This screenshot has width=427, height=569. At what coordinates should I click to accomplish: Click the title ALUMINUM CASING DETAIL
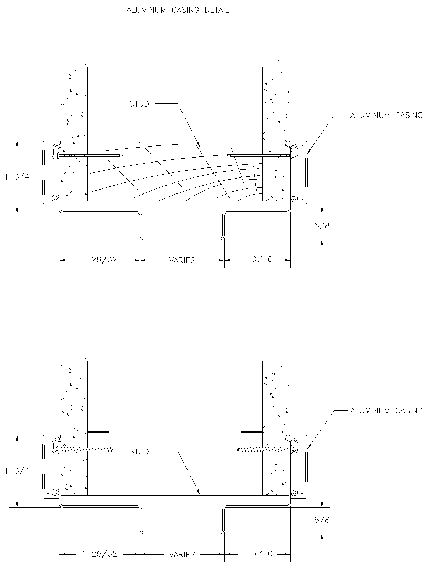(178, 10)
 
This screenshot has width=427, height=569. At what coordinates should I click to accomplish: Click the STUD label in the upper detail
(139, 104)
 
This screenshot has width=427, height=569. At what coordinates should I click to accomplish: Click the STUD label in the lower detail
(139, 452)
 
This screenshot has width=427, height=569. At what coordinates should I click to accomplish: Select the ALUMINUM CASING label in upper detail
(386, 115)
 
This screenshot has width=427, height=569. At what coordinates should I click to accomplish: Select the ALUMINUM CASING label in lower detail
(386, 410)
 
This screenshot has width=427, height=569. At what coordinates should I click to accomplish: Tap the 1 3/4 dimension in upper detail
(17, 177)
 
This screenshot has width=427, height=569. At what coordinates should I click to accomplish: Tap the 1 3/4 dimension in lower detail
(17, 471)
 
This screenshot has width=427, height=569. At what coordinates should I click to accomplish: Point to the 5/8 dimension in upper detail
(322, 226)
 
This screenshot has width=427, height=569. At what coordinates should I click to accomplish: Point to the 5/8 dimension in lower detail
(322, 520)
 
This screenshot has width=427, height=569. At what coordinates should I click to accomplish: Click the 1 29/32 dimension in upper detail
(99, 260)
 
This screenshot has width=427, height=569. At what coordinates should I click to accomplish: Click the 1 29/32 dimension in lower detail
(99, 554)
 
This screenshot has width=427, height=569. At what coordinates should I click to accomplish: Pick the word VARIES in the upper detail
(182, 260)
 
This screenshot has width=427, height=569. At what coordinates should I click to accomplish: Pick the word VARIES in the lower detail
(182, 554)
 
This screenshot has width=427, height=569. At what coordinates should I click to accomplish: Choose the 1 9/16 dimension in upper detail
(257, 260)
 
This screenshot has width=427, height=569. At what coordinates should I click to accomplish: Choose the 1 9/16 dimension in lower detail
(257, 554)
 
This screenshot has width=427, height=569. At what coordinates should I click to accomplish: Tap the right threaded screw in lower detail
(262, 450)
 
